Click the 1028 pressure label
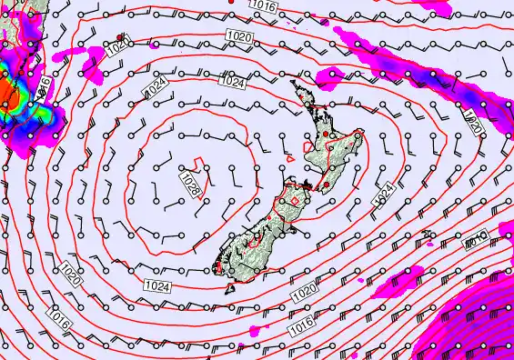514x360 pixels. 190,186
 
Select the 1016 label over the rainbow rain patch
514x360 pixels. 43,88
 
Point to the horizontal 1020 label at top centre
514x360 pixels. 239,35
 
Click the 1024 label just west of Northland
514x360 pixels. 233,83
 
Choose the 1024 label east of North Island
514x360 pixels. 385,192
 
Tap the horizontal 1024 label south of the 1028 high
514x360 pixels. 156,286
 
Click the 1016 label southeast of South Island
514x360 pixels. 303,324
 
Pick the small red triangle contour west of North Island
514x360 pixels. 289,157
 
